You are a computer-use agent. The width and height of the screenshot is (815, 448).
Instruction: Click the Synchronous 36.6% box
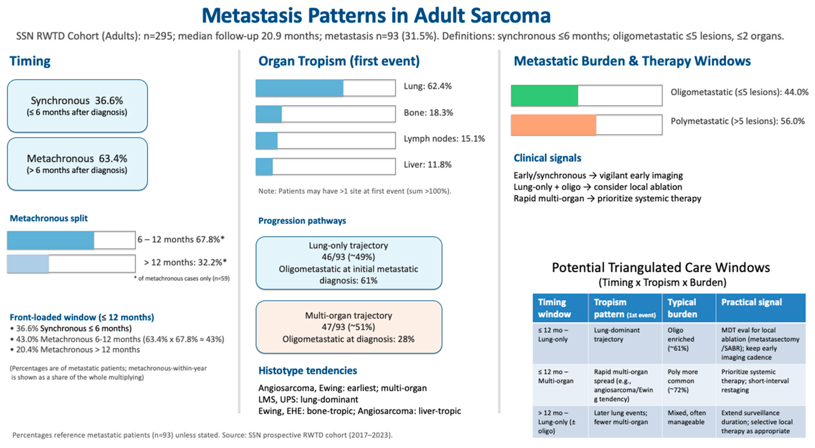(x=77, y=106)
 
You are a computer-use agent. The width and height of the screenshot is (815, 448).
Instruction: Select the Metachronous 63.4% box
(x=77, y=164)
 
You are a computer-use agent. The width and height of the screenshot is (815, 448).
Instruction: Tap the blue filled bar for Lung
(x=299, y=88)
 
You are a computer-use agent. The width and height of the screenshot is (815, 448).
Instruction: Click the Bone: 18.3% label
(x=428, y=113)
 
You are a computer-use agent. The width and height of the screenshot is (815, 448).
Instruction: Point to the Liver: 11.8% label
(x=427, y=165)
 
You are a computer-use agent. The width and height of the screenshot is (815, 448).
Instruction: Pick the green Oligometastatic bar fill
(x=544, y=95)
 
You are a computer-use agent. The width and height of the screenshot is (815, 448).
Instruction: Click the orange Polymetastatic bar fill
(x=553, y=125)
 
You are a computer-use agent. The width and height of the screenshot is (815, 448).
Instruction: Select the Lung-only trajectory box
(x=349, y=263)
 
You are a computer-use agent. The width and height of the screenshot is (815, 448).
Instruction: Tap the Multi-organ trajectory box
(x=349, y=327)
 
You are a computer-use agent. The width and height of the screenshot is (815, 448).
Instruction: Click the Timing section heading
(x=30, y=61)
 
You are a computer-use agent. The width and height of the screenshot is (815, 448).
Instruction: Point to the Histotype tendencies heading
(x=308, y=370)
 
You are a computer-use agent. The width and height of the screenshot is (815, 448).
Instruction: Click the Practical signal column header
(x=751, y=302)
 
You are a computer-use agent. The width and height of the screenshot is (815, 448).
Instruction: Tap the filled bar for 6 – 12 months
(x=51, y=240)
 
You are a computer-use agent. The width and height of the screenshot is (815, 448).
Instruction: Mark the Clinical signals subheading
(x=547, y=158)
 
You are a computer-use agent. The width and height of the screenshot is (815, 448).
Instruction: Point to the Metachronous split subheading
(x=49, y=218)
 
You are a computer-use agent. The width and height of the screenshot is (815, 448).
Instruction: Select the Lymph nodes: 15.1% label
(x=444, y=139)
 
